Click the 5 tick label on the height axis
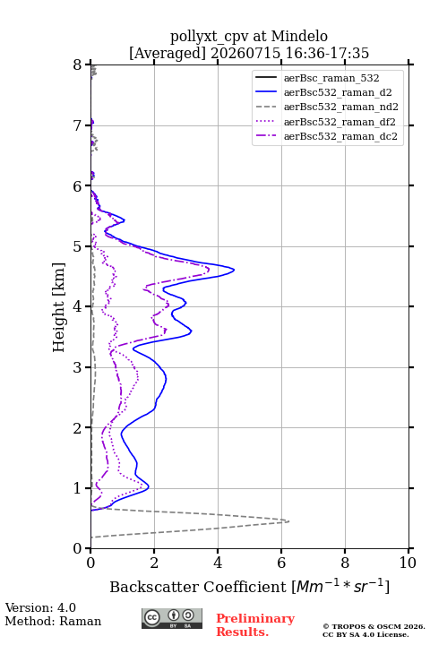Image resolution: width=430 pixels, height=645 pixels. coord(78,246)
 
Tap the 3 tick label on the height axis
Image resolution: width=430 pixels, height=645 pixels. coord(78,367)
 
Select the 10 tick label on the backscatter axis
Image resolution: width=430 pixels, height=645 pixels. coord(408,563)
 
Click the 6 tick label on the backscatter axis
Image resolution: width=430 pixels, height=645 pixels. coord(281,563)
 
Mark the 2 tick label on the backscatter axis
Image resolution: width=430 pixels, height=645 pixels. coord(154,563)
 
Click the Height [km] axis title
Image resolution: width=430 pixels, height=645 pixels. coord(59,307)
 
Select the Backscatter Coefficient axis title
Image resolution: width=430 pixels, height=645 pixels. coord(249,586)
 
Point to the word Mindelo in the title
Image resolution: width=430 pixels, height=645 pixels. coord(299,36)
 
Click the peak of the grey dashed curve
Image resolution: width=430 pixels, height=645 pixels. coord(288,521)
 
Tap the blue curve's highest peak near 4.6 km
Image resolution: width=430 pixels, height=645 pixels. coord(234,270)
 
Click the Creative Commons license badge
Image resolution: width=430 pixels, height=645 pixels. coord(172,618)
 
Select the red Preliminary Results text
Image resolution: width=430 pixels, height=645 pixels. coord(255,625)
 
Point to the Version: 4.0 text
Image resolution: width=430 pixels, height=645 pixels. coord(40,607)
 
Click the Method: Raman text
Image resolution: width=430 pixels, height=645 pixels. coord(53,621)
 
